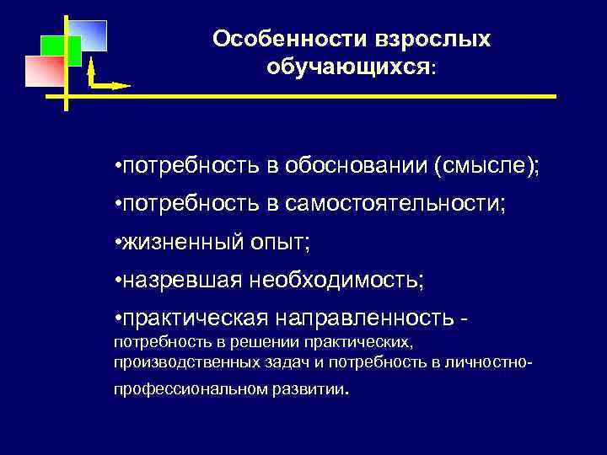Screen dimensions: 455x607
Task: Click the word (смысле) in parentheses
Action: [485, 167]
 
